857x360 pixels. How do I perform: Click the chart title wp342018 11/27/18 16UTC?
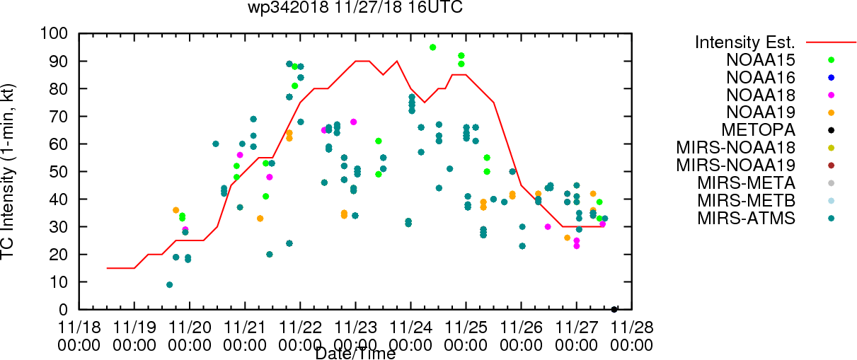tap(356, 8)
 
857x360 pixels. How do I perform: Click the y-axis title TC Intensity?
tap(9, 172)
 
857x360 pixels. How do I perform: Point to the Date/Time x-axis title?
tap(355, 353)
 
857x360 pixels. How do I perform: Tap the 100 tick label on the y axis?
tap(54, 33)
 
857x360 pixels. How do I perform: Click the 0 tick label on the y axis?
tap(62, 309)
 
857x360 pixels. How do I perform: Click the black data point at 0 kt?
tap(614, 309)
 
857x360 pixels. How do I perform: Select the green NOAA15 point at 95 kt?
tap(432, 47)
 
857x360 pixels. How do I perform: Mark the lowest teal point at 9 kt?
tap(169, 284)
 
